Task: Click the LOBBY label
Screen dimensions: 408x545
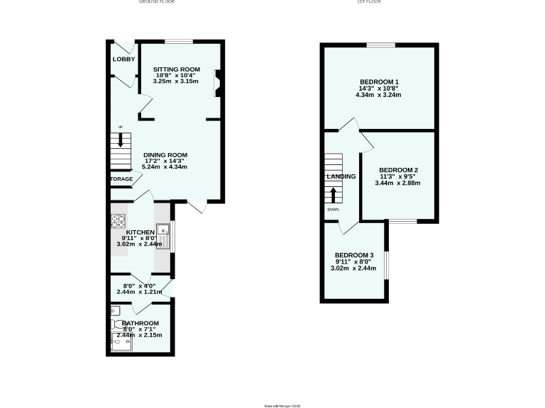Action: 123,59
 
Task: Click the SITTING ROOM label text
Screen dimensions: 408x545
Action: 177,69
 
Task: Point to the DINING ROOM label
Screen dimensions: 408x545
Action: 165,155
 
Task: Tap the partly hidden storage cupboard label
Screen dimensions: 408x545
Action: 121,179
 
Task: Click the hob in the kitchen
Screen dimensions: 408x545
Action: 116,222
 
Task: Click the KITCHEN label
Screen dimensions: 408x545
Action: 140,232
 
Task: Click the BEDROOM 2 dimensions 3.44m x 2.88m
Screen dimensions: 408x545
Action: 397,183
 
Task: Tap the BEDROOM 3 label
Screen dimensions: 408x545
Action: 354,255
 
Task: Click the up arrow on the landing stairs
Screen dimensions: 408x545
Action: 334,194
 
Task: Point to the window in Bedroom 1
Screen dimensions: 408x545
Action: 380,45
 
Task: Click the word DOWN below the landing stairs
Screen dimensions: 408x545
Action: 334,210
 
